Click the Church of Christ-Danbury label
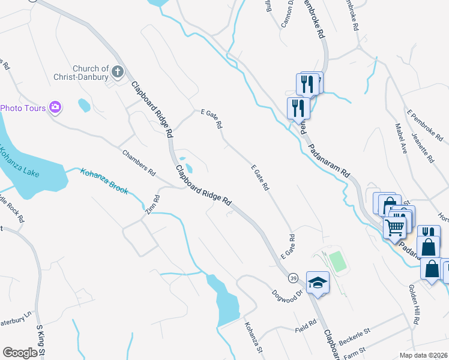[91, 73]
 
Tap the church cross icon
[118, 72]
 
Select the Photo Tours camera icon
[55, 107]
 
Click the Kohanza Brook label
[104, 181]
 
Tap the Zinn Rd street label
[152, 206]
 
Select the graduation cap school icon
[318, 282]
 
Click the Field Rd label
[306, 329]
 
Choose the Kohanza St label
[253, 337]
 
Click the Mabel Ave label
[401, 139]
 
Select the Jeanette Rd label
[423, 148]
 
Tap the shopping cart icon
[395, 226]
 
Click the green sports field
[338, 260]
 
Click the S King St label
[41, 342]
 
